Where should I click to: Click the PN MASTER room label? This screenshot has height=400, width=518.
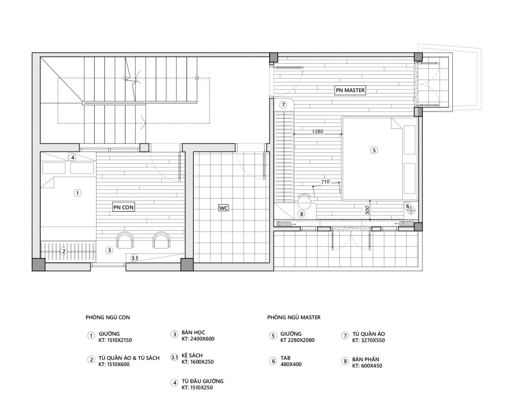pyautogui.click(x=350, y=90)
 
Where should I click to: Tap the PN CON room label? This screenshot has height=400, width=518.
pyautogui.click(x=123, y=207)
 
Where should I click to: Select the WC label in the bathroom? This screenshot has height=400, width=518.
pyautogui.click(x=224, y=208)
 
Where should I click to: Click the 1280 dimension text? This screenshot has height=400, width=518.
pyautogui.click(x=318, y=131)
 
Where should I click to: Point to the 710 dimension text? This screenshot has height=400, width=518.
pyautogui.click(x=325, y=182)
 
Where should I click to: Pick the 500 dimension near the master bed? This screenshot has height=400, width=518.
pyautogui.click(x=367, y=210)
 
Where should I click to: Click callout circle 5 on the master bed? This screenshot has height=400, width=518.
pyautogui.click(x=374, y=151)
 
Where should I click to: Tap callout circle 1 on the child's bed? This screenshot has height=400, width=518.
pyautogui.click(x=77, y=193)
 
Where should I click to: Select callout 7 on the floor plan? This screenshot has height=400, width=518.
pyautogui.click(x=283, y=105)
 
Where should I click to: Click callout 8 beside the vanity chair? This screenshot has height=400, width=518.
pyautogui.click(x=301, y=214)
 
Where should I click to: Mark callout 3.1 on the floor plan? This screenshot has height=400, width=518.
pyautogui.click(x=135, y=258)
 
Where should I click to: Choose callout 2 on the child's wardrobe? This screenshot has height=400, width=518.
pyautogui.click(x=64, y=251)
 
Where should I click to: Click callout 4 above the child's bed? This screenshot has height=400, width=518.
pyautogui.click(x=73, y=158)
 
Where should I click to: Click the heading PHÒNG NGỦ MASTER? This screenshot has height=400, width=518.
pyautogui.click(x=294, y=318)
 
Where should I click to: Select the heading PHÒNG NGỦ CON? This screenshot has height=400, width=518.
pyautogui.click(x=108, y=318)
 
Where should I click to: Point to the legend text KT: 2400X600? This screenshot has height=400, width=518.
pyautogui.click(x=198, y=339)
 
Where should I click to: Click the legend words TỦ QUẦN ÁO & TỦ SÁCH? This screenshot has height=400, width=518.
pyautogui.click(x=129, y=358)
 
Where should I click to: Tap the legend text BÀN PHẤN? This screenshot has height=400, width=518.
pyautogui.click(x=366, y=360)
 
